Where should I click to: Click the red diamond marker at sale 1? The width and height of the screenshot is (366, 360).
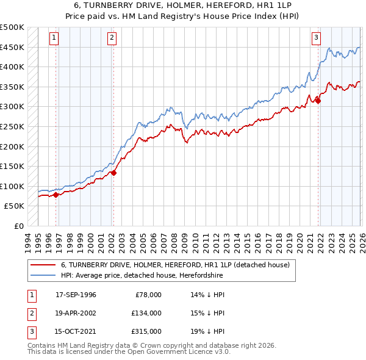tap(56, 195)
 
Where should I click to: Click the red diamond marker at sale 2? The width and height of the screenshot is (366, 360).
tap(113, 173)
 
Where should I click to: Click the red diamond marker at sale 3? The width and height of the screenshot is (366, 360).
tap(318, 101)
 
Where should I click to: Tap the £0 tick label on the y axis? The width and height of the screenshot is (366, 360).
tap(18, 226)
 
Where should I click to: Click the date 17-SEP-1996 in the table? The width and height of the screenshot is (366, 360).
tap(76, 295)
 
